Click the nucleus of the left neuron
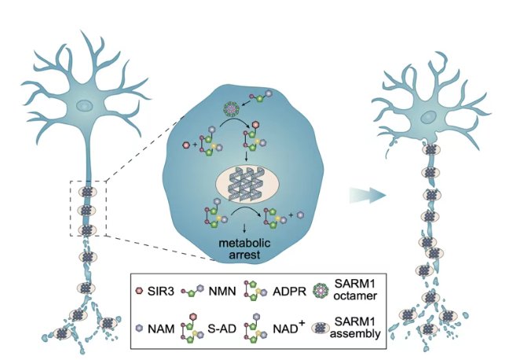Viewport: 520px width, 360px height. point(85,105)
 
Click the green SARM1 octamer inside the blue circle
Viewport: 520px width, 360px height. point(230,107)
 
